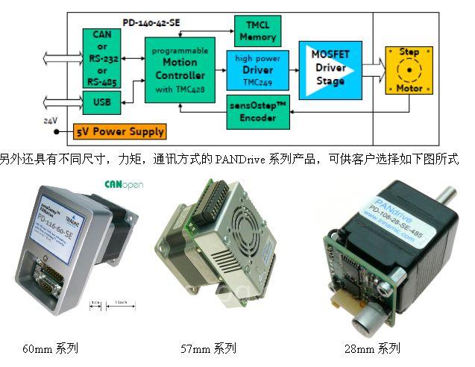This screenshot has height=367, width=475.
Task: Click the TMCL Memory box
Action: (x=258, y=29)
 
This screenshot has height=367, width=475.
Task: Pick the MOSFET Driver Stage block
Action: (x=330, y=71)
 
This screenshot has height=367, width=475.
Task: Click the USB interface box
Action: (x=101, y=101)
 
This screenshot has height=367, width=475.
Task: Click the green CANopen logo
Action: (x=123, y=183)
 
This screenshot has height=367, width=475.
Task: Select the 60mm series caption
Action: (x=49, y=348)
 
